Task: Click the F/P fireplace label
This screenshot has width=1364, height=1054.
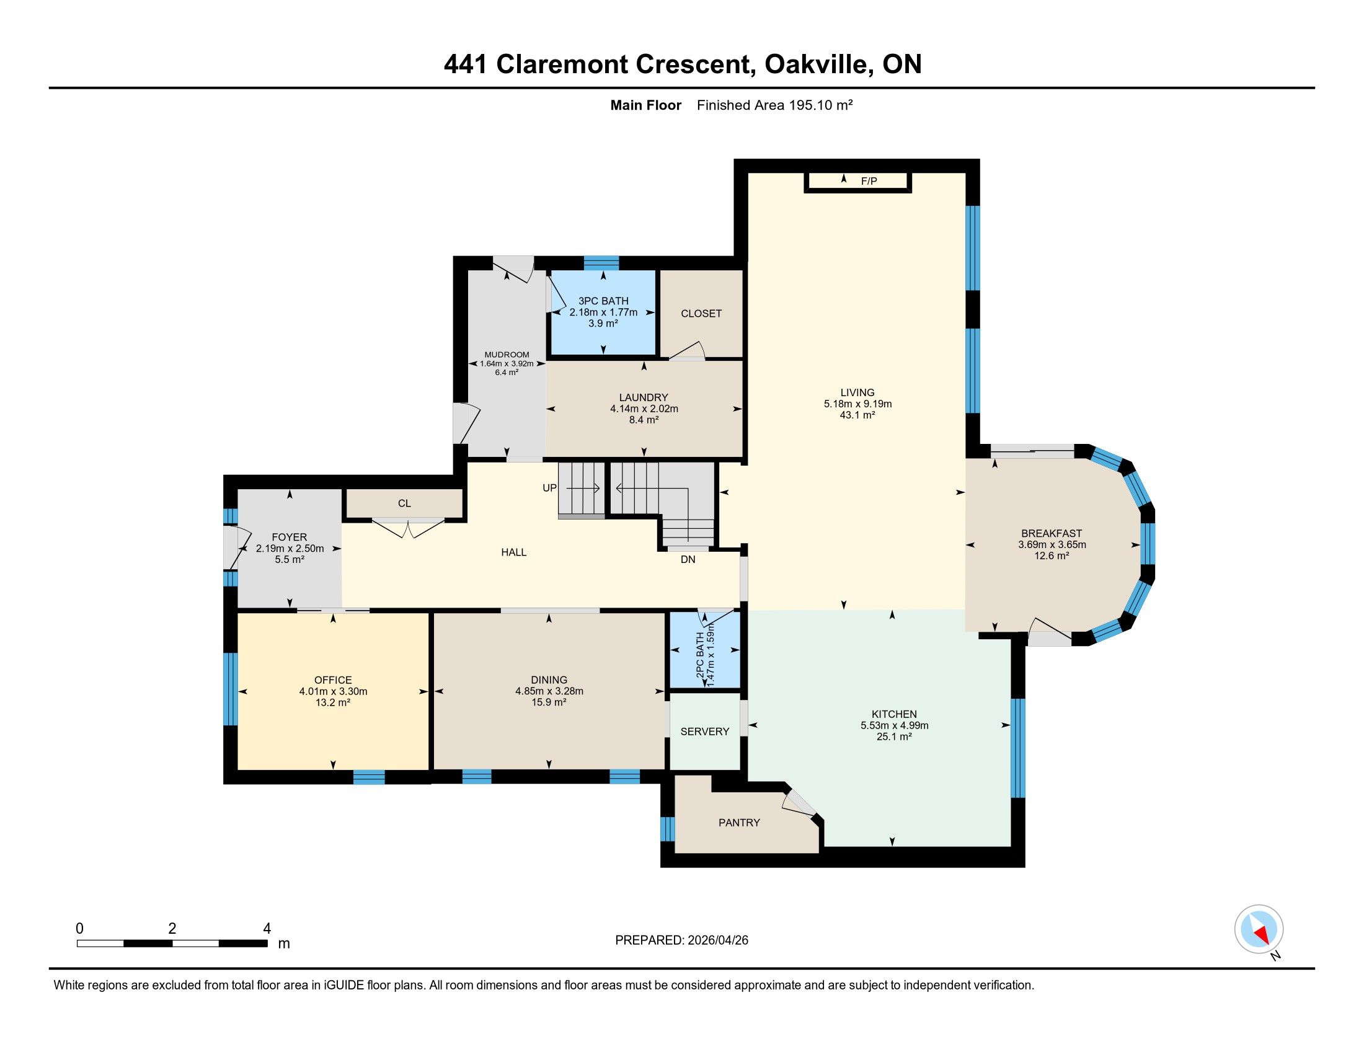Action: tap(869, 181)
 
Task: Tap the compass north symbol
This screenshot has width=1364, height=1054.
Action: tap(1259, 929)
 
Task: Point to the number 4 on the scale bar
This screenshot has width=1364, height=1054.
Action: tap(267, 929)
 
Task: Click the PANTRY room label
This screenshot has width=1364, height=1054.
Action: tap(739, 822)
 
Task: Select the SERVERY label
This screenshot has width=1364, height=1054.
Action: tap(704, 731)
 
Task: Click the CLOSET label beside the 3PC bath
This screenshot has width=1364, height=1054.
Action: tap(701, 314)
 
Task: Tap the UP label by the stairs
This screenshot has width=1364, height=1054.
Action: tap(549, 488)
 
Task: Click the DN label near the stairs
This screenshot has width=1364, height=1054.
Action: tap(688, 559)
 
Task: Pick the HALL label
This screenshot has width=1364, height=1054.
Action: tap(513, 552)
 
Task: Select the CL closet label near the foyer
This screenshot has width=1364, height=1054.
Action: tap(404, 503)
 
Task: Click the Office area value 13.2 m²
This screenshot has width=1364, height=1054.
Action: tap(332, 702)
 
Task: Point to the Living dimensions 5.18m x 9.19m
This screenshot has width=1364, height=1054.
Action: tap(857, 404)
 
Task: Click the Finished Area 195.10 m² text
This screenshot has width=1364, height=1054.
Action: tap(774, 105)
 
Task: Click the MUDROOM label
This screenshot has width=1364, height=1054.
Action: tap(507, 355)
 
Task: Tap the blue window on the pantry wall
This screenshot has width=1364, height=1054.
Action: tap(667, 828)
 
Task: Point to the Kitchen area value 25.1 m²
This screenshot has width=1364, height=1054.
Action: tap(893, 737)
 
